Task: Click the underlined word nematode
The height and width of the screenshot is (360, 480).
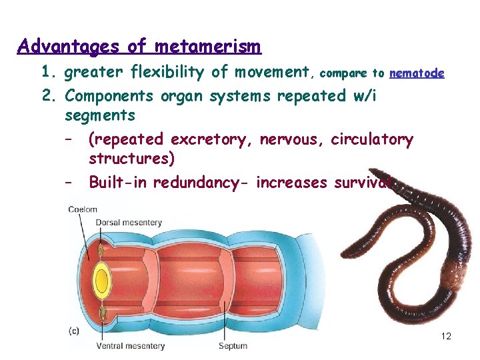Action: [x=417, y=73]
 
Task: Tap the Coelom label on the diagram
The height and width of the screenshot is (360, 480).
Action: [x=82, y=209]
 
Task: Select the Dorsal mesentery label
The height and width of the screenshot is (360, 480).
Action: [x=129, y=222]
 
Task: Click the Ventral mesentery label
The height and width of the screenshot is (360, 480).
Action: [x=130, y=346]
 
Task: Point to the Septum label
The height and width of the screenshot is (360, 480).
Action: [x=233, y=346]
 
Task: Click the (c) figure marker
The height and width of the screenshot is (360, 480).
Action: [x=75, y=331]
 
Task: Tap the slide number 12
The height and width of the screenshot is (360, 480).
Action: [x=446, y=336]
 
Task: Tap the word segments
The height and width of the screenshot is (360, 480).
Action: [x=100, y=115]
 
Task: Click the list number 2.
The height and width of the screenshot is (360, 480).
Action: [x=47, y=96]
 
